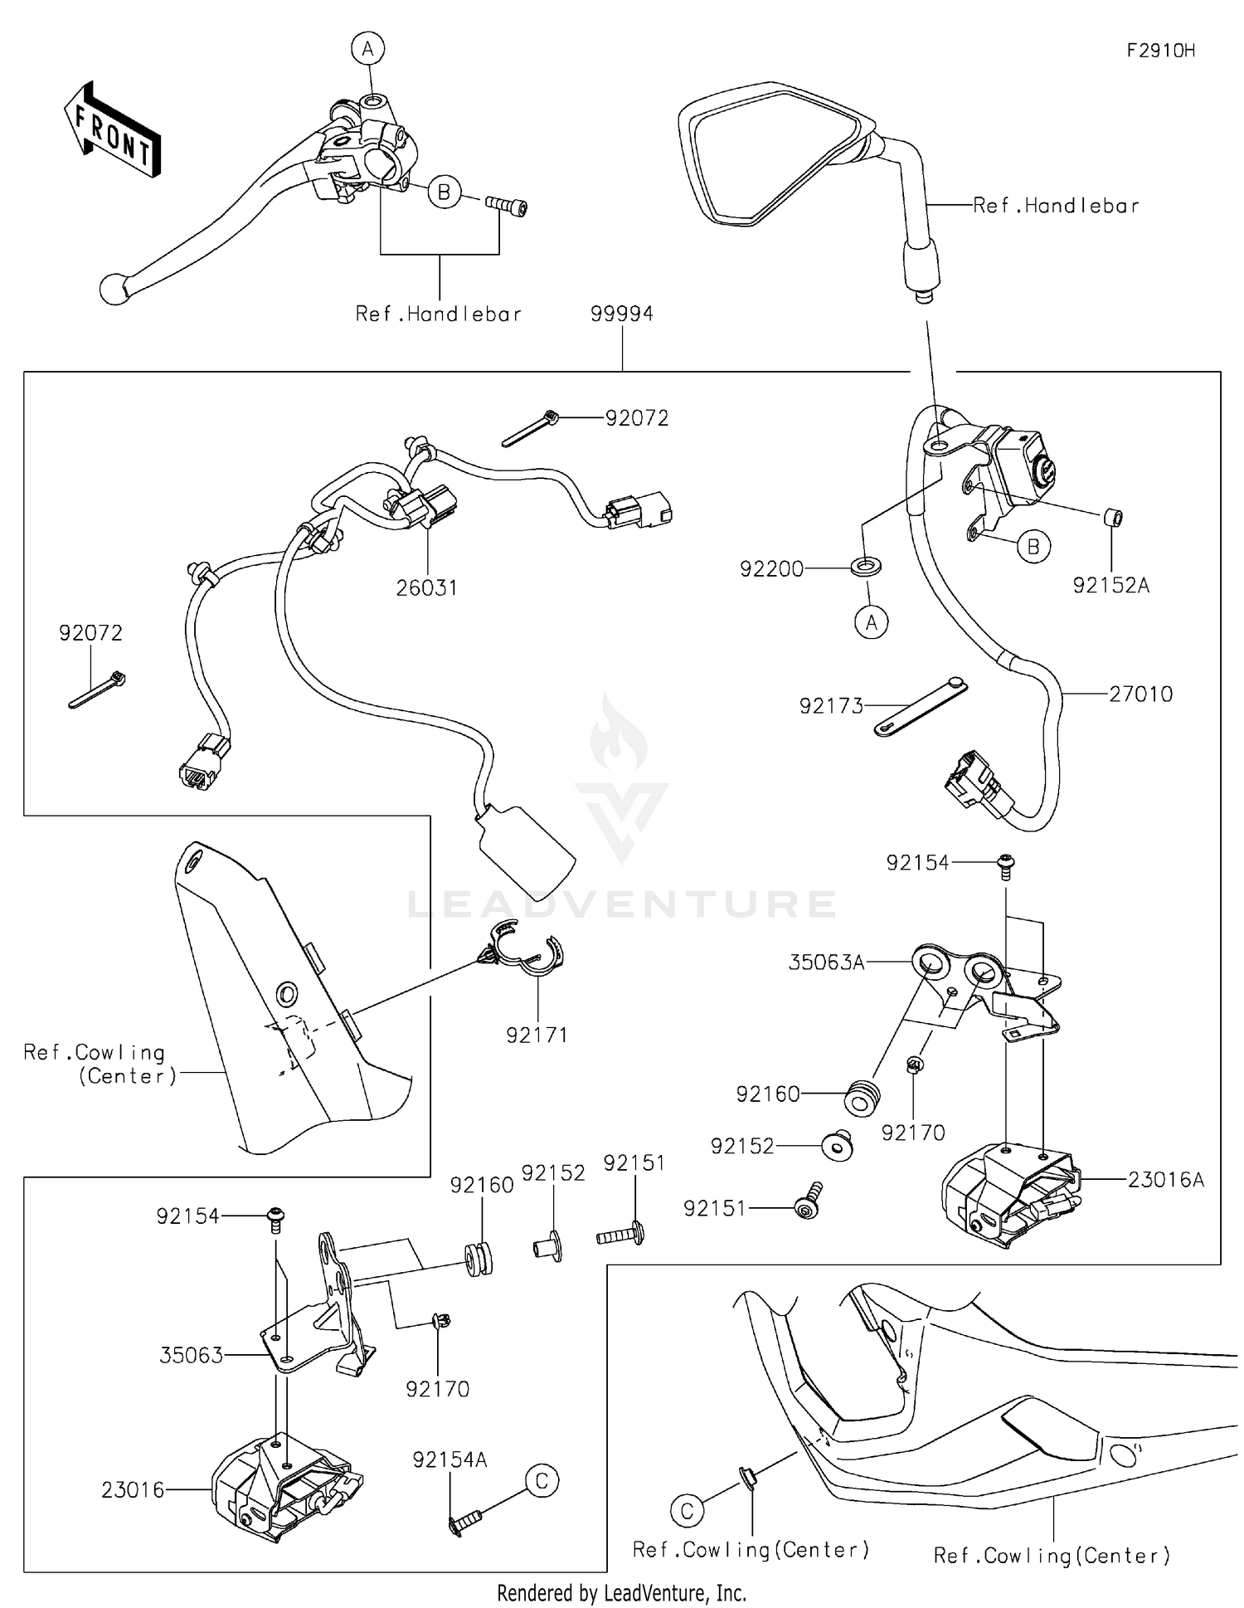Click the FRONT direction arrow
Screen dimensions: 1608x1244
coord(112,129)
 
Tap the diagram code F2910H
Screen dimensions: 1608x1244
coord(1160,51)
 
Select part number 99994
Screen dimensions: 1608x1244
coord(622,314)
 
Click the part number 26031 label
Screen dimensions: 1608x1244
coord(426,587)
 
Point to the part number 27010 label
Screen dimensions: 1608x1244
coord(1141,694)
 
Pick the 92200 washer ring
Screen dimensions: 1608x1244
coord(866,568)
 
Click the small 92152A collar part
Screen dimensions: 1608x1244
coord(1112,518)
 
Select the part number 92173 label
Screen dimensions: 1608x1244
coord(831,706)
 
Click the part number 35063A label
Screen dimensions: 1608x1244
coord(826,962)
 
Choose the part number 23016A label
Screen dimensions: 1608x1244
coord(1165,1179)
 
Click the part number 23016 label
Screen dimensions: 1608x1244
coord(133,1489)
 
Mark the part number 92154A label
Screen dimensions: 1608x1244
coord(449,1459)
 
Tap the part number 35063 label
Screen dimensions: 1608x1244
coord(191,1355)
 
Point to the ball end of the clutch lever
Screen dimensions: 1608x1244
coord(111,290)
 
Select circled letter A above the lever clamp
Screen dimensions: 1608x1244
coord(367,49)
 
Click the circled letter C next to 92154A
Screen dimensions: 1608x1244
coord(542,1479)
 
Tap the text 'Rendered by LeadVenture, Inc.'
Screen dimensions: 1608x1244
coord(621,1592)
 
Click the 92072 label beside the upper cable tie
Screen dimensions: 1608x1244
coord(636,418)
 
